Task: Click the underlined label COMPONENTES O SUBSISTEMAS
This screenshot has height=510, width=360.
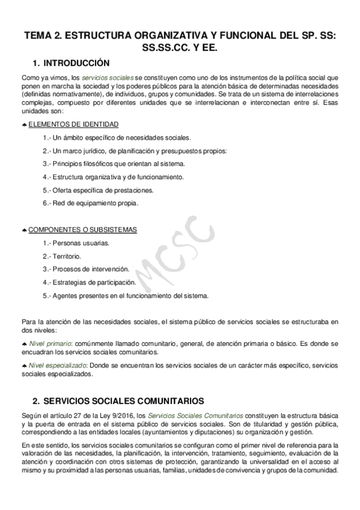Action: click(x=83, y=230)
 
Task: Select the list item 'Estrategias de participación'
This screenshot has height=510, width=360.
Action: click(x=90, y=283)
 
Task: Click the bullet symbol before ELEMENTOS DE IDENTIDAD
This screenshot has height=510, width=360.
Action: click(x=24, y=125)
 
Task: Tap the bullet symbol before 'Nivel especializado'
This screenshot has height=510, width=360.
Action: click(x=24, y=366)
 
